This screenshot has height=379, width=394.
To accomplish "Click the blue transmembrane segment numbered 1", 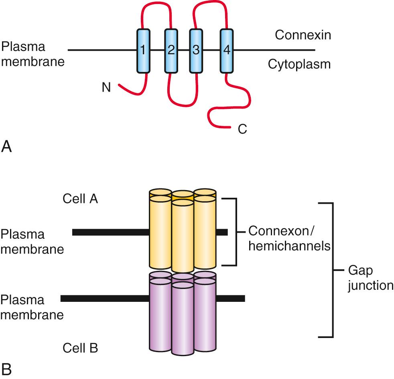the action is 143,51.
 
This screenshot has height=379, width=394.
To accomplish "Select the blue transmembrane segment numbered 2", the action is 171,51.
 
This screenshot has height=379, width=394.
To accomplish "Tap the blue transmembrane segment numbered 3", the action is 196,51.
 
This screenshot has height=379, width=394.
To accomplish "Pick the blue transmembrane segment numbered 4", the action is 226,51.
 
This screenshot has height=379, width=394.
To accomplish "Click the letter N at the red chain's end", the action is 106,87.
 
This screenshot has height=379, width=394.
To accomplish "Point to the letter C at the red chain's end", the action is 242,129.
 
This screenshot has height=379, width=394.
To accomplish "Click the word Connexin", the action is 303,35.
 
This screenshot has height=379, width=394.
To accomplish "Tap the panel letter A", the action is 7,148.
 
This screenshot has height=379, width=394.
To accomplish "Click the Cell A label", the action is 80,199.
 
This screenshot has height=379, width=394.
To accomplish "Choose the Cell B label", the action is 80,348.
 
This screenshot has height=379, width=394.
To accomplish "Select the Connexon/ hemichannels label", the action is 289,238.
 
